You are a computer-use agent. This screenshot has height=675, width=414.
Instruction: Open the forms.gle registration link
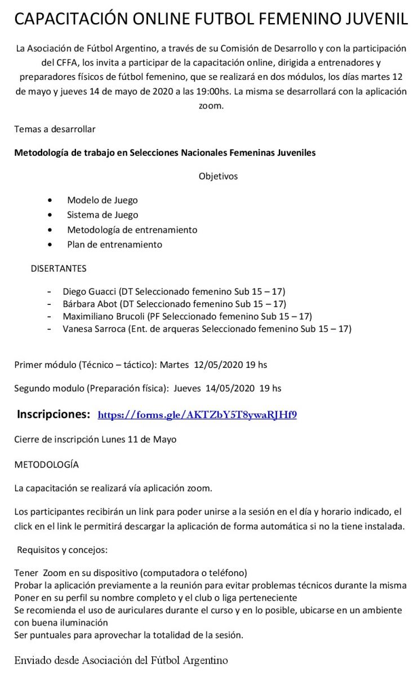pos(197,415)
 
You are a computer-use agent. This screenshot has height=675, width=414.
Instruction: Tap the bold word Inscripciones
pos(54,415)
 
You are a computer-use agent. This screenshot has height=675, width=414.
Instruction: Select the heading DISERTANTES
pos(59,268)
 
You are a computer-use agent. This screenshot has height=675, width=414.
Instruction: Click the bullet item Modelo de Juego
pos(102,200)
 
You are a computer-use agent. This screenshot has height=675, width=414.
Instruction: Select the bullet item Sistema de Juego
pos(102,215)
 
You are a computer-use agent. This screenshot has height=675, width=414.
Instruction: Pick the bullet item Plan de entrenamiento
pos(114,244)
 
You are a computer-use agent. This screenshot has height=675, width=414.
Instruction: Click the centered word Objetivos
pos(218,176)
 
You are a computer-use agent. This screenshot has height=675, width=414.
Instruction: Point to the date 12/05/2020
pos(217,364)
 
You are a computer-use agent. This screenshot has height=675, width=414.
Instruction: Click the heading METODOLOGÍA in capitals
pos(46,465)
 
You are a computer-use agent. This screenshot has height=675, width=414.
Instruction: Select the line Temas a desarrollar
pos(55,129)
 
